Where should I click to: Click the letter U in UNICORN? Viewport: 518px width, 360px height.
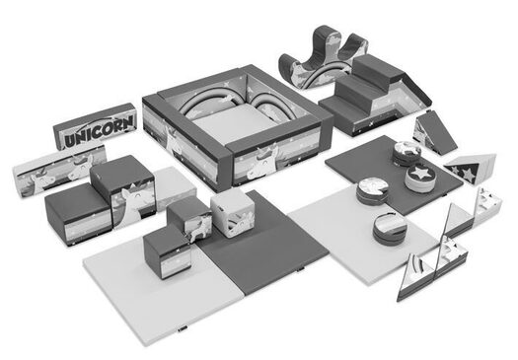[x=70, y=140]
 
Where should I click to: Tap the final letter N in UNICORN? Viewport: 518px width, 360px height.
[x=128, y=122]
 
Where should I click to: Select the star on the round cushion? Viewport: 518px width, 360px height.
[x=420, y=173]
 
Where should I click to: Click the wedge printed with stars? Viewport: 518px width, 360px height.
[x=470, y=168]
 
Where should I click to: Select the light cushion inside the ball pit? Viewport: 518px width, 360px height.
[x=234, y=122]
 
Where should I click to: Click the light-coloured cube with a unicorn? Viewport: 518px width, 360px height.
[x=233, y=214]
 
